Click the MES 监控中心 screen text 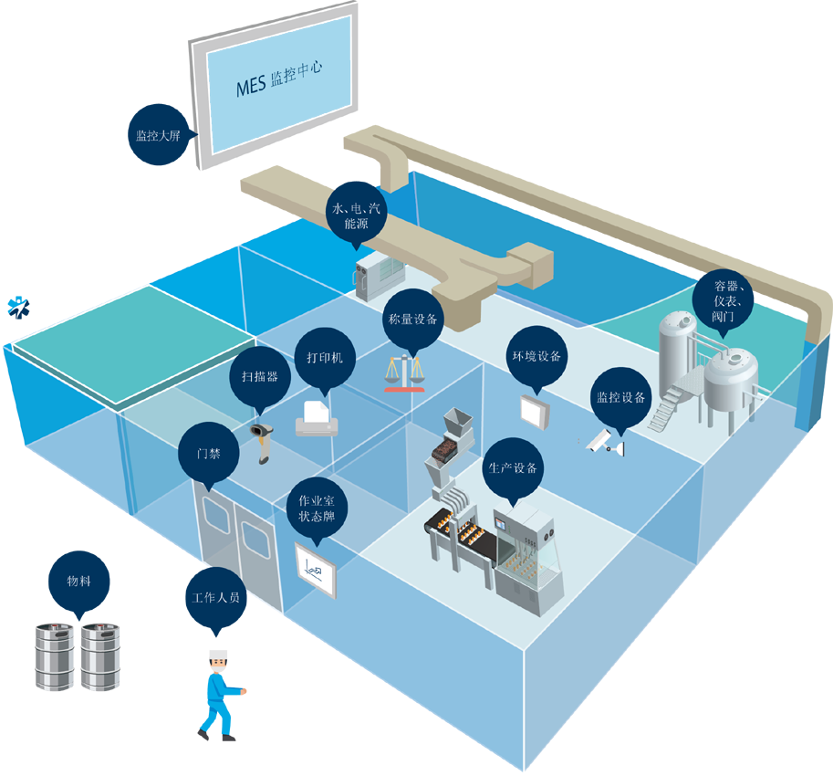click(277, 79)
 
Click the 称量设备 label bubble click(412, 320)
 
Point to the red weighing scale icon click(405, 373)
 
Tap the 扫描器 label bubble click(259, 376)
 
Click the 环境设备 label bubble click(536, 357)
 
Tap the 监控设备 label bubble click(620, 398)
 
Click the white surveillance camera click(603, 443)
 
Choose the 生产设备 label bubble click(512, 468)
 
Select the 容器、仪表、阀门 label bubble click(725, 301)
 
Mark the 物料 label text click(78, 582)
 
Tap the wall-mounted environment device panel click(536, 411)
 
